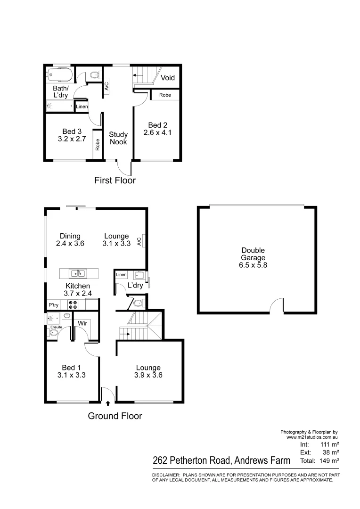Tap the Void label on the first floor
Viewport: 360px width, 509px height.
pos(168,77)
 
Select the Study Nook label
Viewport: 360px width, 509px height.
pos(118,138)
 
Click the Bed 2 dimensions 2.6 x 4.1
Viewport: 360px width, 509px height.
pos(157,133)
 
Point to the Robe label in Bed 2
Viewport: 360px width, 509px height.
pos(165,95)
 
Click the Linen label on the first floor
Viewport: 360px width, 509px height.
pos(82,107)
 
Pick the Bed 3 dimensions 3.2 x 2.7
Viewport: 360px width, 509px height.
pos(69,140)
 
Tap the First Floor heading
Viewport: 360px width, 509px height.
pos(115,180)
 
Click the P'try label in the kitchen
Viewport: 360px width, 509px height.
pos(54,305)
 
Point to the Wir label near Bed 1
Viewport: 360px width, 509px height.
pos(82,323)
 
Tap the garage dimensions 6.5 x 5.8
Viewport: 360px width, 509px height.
pos(253,265)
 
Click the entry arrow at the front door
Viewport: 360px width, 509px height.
pos(108,403)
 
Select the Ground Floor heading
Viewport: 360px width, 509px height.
pos(115,416)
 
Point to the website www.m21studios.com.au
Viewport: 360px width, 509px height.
pos(312,437)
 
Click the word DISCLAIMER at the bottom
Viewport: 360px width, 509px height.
pos(165,475)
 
